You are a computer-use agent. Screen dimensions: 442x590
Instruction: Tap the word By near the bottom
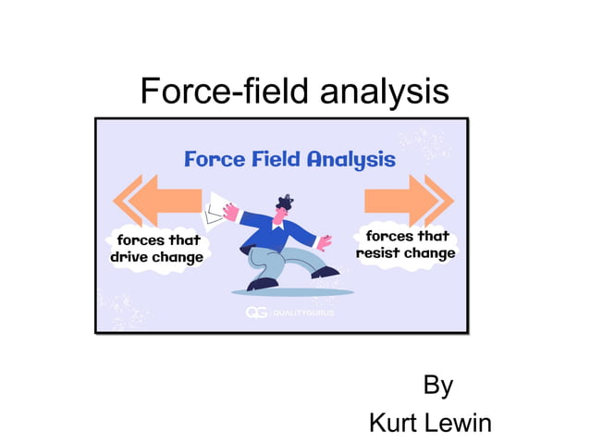tap(437, 385)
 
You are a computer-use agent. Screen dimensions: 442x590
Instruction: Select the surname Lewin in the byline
tap(463, 423)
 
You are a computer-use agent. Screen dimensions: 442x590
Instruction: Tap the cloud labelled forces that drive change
tap(156, 249)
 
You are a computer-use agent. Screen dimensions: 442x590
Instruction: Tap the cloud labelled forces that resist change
tap(406, 244)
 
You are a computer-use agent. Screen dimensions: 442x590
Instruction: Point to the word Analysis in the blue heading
tap(351, 159)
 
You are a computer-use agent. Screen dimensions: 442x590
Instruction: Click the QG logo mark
tap(256, 313)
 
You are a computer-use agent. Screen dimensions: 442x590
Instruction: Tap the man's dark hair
tap(285, 202)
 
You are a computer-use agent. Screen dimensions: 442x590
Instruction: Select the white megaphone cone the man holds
tap(220, 210)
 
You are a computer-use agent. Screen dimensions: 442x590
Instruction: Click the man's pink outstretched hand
tap(325, 241)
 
